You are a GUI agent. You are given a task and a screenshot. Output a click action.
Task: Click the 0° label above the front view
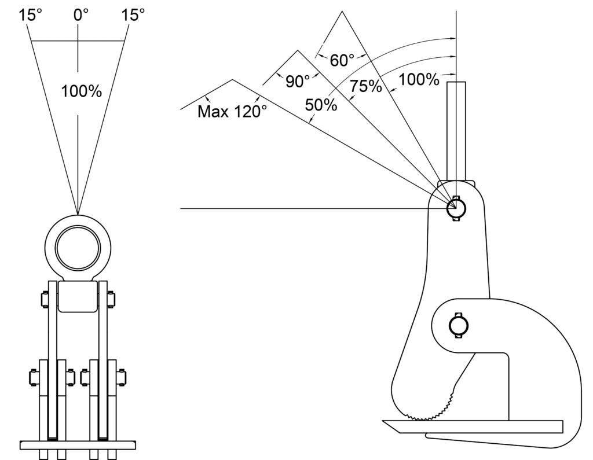[x=80, y=14]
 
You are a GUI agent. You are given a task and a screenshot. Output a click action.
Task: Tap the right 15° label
[x=133, y=14]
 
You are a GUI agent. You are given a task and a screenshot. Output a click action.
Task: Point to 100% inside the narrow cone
[x=82, y=91]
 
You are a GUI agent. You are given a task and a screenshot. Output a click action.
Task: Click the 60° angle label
[x=342, y=60]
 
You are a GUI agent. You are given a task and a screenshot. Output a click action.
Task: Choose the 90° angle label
[x=298, y=82]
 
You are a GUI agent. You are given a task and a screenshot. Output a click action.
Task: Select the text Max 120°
[x=232, y=111]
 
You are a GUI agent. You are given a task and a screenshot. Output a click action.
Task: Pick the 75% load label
[x=365, y=86]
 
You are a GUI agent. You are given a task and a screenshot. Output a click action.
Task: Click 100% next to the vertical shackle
[x=419, y=80]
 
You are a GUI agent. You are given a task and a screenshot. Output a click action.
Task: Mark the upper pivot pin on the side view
[x=456, y=208]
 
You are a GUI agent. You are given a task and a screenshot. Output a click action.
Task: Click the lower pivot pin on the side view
[x=457, y=326]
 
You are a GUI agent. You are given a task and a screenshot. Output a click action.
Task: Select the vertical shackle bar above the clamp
[x=456, y=130]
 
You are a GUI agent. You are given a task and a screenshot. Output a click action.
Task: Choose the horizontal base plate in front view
[x=78, y=445]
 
